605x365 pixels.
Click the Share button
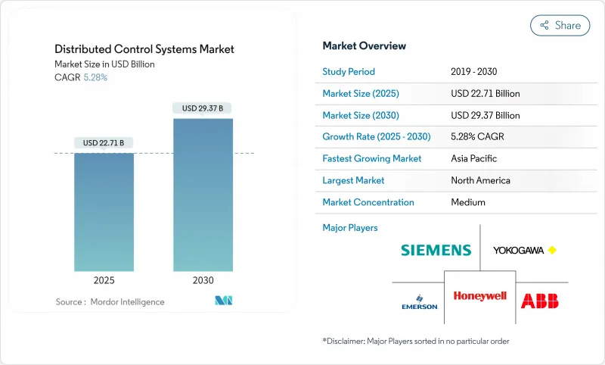(x=560, y=25)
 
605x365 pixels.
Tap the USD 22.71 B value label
(x=104, y=142)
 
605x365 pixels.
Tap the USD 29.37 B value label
(x=203, y=108)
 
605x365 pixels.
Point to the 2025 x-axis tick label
(x=104, y=279)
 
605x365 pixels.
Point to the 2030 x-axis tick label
(x=203, y=279)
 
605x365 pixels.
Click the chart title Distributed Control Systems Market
(x=144, y=49)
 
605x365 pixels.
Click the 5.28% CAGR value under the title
(x=95, y=77)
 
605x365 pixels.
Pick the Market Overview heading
(x=365, y=45)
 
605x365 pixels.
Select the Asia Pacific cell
(x=473, y=159)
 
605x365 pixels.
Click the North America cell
(x=480, y=180)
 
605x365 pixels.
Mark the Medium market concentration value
(x=468, y=202)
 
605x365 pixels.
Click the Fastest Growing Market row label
(x=372, y=159)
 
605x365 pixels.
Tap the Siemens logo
(x=436, y=250)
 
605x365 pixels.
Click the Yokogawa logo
(x=524, y=250)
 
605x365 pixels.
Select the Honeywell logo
(x=479, y=296)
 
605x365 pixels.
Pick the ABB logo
(x=540, y=300)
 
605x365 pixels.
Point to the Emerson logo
(x=420, y=301)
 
